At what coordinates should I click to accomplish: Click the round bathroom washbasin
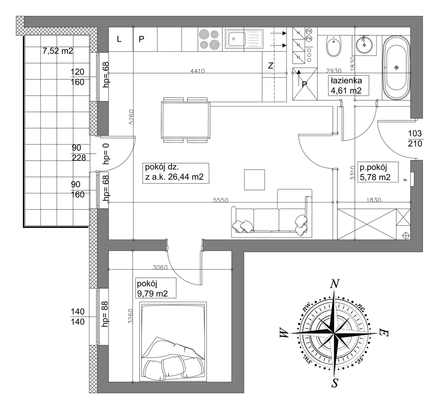tap(364, 45)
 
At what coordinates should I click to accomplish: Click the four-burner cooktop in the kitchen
tap(210, 39)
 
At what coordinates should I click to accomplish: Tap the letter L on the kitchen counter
tap(119, 39)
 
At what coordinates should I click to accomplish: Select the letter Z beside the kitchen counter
tap(270, 66)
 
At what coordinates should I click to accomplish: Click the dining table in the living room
tap(186, 120)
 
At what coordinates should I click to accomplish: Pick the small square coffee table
tap(255, 180)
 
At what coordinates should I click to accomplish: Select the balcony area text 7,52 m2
tap(58, 51)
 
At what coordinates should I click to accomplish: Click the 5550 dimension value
tap(220, 200)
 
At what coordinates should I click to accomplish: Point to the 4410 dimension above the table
tap(198, 71)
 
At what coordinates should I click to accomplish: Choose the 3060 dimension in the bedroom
tap(160, 267)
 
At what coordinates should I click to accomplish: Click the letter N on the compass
tap(335, 284)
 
